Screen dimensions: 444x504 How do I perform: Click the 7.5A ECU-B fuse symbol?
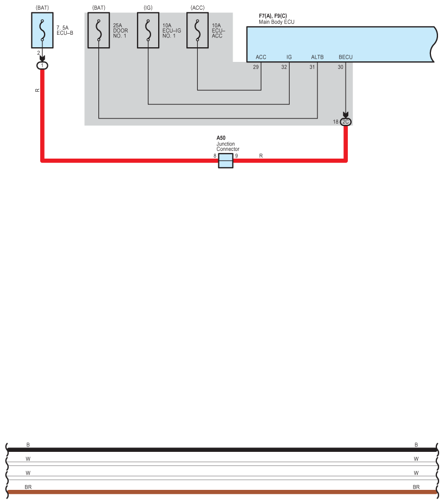42,30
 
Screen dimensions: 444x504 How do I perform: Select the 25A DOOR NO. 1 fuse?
99,30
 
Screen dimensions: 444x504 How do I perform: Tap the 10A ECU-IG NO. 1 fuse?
148,30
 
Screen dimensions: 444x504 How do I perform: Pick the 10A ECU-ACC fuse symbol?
198,30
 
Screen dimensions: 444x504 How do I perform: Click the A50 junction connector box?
226,160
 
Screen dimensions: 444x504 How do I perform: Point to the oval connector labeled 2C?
346,122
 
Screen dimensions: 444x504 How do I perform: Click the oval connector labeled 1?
42,66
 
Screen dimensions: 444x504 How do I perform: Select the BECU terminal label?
346,57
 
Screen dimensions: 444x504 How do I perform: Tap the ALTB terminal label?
317,57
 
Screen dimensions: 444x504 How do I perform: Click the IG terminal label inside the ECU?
289,57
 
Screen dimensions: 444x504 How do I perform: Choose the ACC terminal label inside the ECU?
261,57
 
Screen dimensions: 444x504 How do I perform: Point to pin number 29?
256,67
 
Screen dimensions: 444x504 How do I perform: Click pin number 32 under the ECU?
284,67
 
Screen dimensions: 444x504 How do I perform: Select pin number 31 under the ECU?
312,67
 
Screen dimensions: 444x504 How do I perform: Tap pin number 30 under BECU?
340,67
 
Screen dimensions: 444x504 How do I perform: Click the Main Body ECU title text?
277,22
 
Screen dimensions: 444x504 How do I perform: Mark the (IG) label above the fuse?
148,8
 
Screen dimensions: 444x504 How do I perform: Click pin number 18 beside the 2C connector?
335,122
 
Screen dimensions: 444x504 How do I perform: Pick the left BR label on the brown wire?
28,487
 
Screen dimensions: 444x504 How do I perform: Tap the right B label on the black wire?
416,445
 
